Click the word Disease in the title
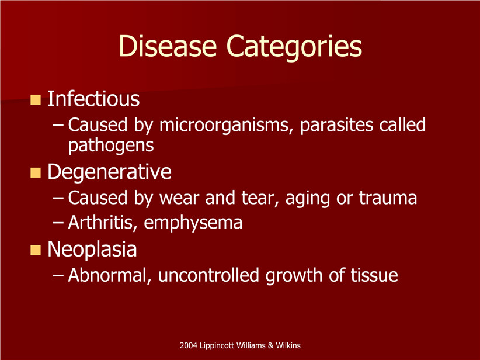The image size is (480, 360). (x=168, y=46)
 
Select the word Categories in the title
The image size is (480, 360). (x=294, y=47)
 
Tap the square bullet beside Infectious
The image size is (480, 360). (x=36, y=99)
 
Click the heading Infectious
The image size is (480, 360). (x=93, y=99)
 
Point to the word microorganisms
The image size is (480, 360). (x=224, y=126)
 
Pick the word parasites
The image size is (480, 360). (x=336, y=126)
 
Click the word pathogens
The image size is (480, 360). (x=111, y=145)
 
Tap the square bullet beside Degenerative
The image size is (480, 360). (x=36, y=173)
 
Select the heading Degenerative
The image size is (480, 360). (x=109, y=172)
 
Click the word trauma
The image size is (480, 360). (x=388, y=198)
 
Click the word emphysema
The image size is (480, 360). (x=193, y=223)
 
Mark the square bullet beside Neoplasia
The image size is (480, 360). (x=36, y=250)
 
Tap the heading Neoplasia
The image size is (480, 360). (x=92, y=250)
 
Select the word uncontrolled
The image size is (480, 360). (x=209, y=275)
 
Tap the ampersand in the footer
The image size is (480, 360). (x=270, y=345)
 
